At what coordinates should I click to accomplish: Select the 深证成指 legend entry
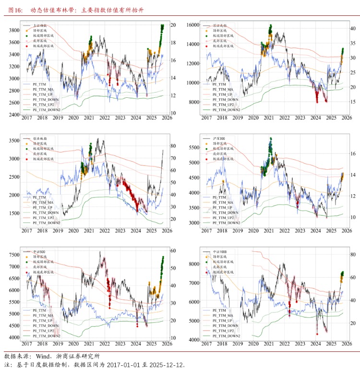[219, 25]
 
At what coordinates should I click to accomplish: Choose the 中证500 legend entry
[39, 252]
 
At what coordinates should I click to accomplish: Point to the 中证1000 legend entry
[219, 252]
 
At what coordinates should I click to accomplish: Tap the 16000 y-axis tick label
[192, 24]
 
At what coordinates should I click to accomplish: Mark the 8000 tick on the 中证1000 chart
[193, 264]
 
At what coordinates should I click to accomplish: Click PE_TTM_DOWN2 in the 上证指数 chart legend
[46, 110]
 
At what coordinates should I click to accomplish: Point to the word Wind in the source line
[43, 356]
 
